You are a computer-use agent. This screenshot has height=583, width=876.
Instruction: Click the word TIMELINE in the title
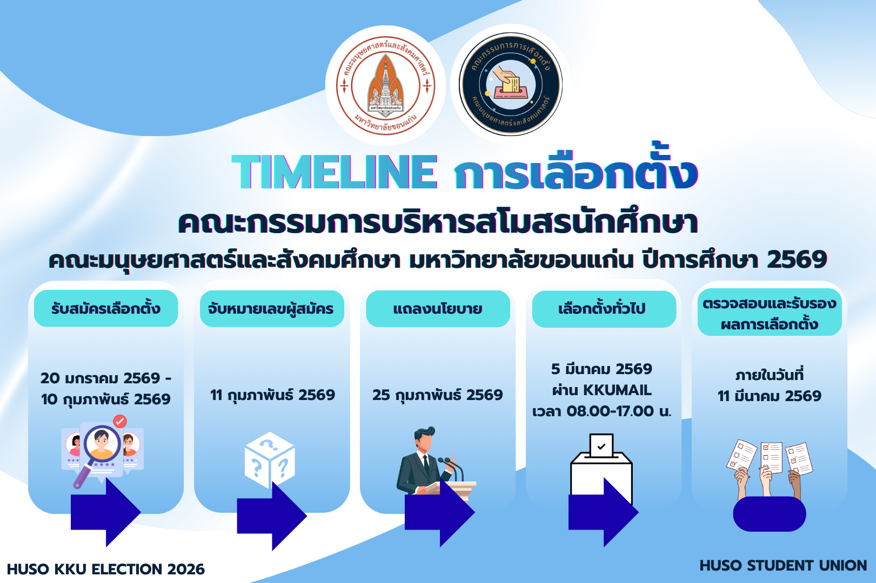click(335, 172)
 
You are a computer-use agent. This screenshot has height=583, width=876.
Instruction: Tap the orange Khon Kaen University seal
click(386, 86)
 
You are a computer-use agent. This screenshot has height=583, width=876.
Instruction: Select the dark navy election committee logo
click(511, 84)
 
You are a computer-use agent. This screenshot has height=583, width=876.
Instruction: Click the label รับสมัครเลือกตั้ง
click(106, 308)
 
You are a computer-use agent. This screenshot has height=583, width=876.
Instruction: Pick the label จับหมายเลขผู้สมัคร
click(271, 309)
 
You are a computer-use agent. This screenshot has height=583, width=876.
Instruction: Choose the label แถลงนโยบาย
click(438, 309)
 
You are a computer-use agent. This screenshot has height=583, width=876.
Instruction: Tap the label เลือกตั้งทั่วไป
click(602, 308)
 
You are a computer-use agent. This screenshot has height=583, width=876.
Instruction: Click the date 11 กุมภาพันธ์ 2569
click(272, 395)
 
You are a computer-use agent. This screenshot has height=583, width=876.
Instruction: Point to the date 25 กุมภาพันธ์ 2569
click(438, 395)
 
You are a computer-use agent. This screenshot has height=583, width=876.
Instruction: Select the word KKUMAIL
click(618, 390)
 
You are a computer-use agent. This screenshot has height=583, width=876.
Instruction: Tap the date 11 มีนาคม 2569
click(769, 396)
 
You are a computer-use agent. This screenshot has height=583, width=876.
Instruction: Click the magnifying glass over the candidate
click(98, 453)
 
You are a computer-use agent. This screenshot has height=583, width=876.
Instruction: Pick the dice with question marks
click(270, 460)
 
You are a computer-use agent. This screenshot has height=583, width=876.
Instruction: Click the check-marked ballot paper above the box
click(601, 445)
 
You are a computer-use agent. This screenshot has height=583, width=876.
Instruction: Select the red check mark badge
click(119, 421)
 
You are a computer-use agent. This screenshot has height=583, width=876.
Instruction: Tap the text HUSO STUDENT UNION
click(783, 565)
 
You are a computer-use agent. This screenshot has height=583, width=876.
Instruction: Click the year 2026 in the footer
click(186, 569)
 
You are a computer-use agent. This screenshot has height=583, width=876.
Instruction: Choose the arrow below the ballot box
click(603, 512)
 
